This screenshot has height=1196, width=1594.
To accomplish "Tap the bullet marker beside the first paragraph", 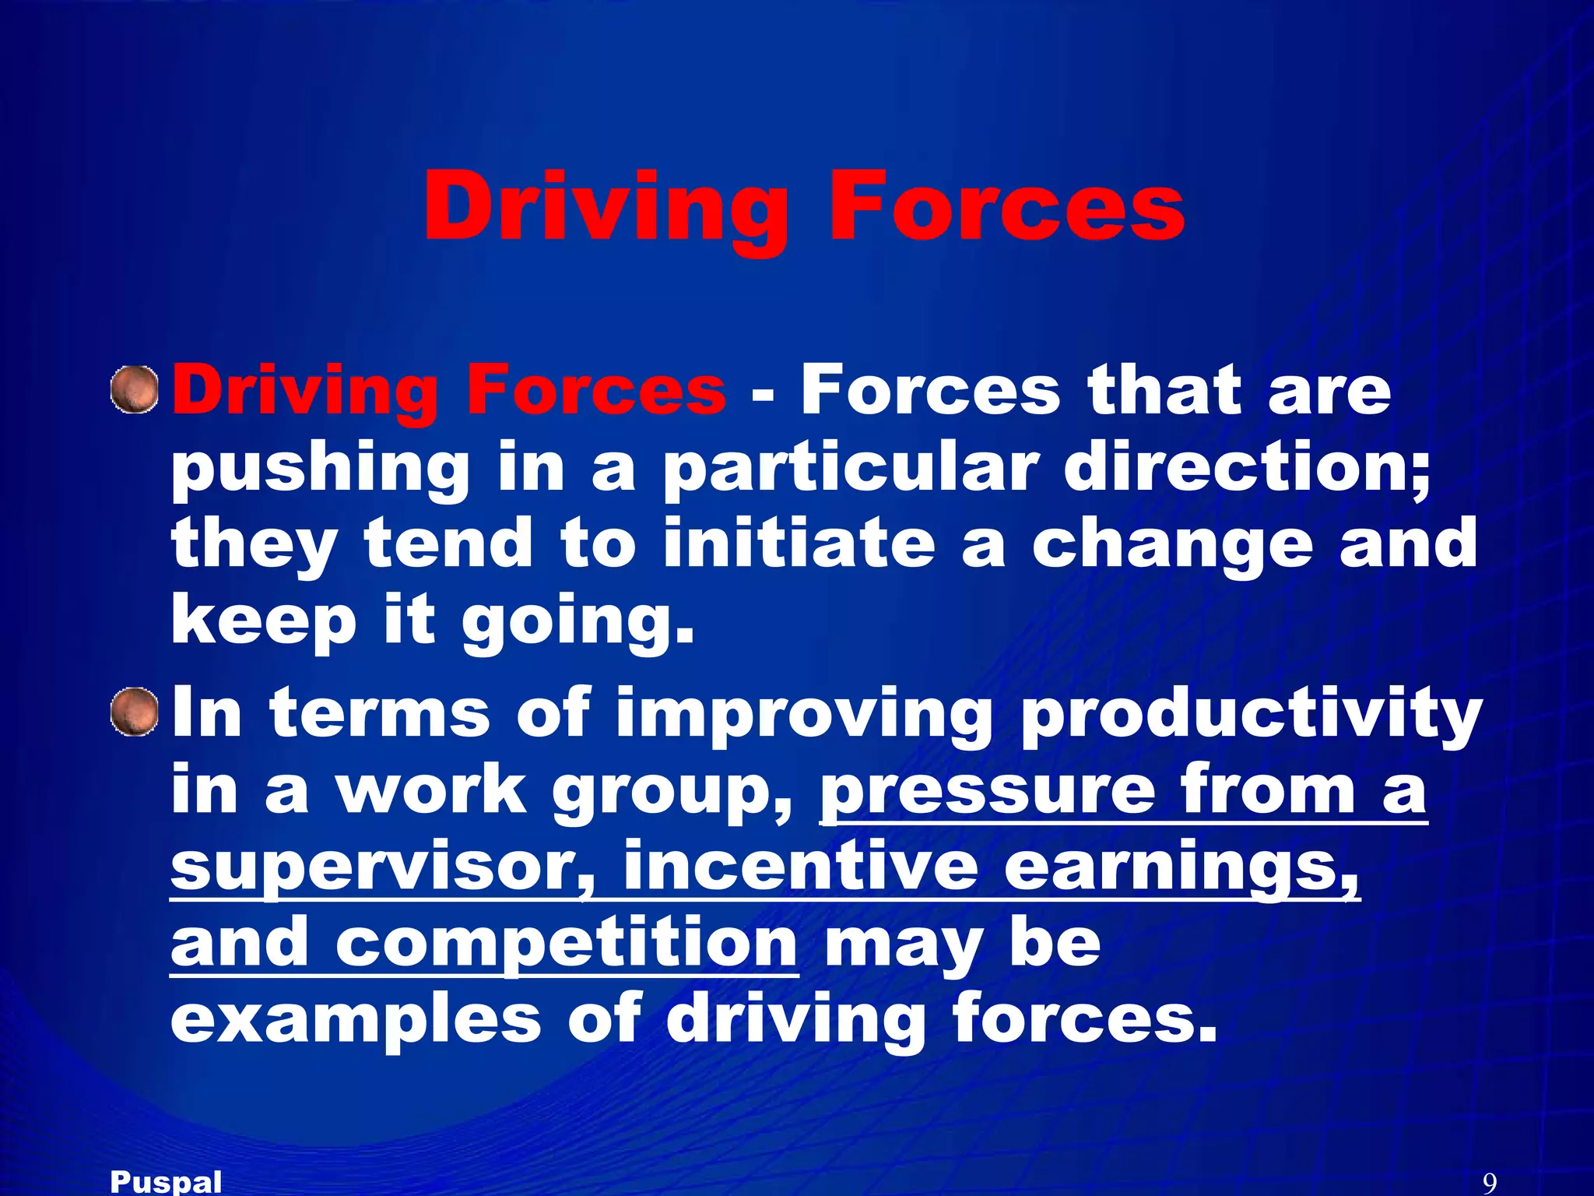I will (x=135, y=389).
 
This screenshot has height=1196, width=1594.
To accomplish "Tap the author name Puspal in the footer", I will (x=166, y=1182).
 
